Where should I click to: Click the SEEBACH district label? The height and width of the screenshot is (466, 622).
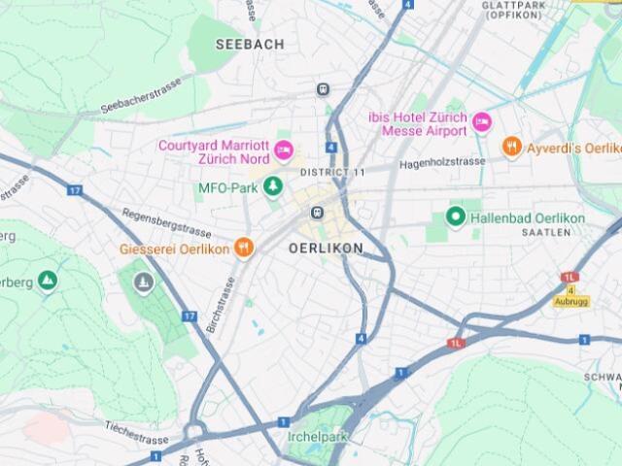pyautogui.click(x=250, y=45)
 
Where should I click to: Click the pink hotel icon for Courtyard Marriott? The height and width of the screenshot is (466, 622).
pyautogui.click(x=283, y=150)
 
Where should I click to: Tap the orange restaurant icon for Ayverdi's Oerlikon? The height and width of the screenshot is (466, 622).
pyautogui.click(x=512, y=147)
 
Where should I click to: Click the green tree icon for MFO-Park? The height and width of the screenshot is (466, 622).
pyautogui.click(x=274, y=186)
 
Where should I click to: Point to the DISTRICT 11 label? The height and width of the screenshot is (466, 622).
pyautogui.click(x=332, y=172)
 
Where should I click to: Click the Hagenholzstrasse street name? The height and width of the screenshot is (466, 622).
pyautogui.click(x=442, y=165)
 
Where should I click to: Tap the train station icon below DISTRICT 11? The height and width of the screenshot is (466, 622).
pyautogui.click(x=317, y=213)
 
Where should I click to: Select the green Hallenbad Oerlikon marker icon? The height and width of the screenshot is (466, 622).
pyautogui.click(x=454, y=217)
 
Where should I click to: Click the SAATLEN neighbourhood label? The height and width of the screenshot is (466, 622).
pyautogui.click(x=544, y=234)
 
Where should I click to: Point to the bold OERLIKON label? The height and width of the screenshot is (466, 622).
pyautogui.click(x=326, y=249)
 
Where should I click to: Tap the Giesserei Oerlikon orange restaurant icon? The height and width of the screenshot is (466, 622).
pyautogui.click(x=244, y=248)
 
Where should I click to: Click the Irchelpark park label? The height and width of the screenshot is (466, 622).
pyautogui.click(x=318, y=437)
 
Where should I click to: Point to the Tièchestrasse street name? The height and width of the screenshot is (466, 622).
pyautogui.click(x=139, y=428)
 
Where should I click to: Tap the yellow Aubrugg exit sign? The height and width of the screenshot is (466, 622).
pyautogui.click(x=571, y=301)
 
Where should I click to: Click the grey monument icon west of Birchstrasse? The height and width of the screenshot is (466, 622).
pyautogui.click(x=144, y=283)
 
